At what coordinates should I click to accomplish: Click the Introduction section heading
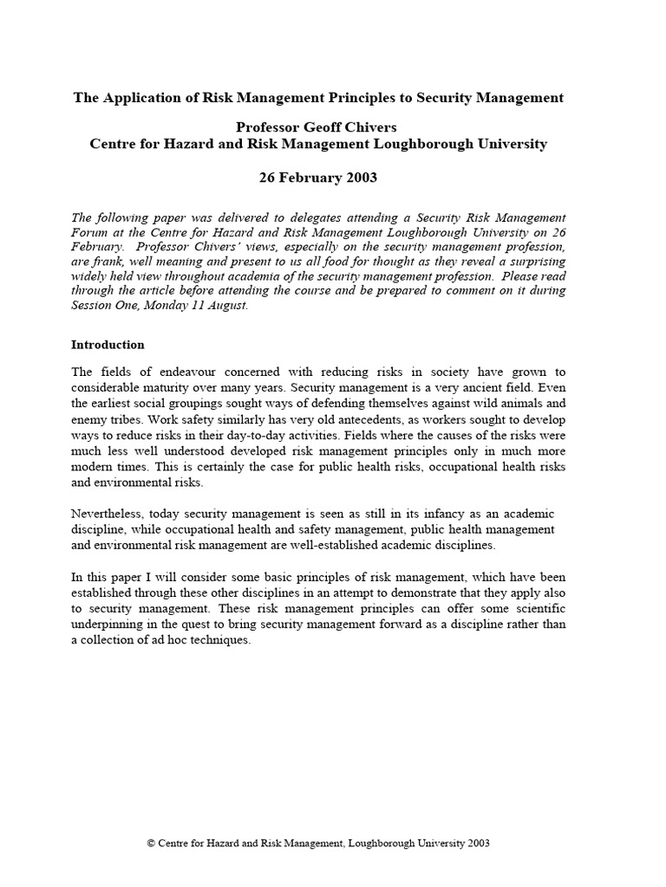point(108,345)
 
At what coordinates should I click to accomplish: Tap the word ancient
point(486,386)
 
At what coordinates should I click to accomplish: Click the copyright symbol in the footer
point(153,843)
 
